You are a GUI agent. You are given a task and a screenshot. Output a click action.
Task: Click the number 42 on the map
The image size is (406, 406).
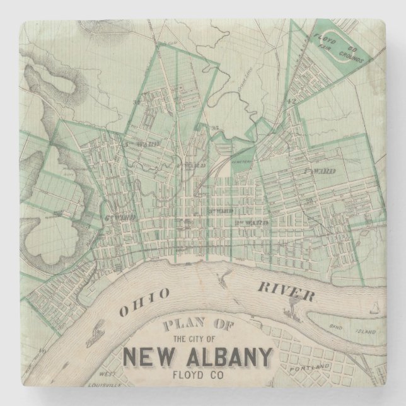click(x=292, y=100)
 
